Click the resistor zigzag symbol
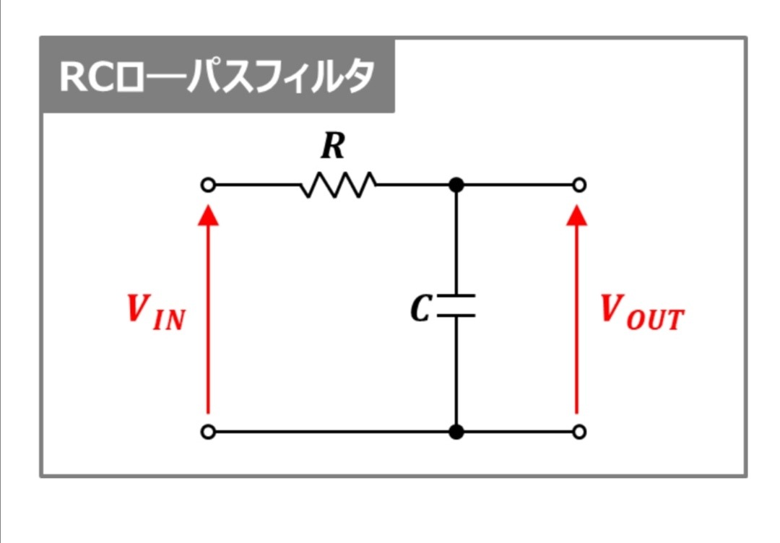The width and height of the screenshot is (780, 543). coord(338,184)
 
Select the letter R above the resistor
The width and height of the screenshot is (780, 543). coord(333,146)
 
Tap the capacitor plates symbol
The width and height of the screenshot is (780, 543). coord(456,305)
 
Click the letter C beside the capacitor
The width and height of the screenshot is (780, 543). coord(420,308)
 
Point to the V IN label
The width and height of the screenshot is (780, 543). coord(156,312)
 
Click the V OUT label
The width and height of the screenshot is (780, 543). coord(642,312)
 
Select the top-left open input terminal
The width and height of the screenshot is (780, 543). coord(208,185)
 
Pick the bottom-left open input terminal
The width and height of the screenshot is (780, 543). coord(208,432)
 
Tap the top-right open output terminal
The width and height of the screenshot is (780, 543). coord(579,185)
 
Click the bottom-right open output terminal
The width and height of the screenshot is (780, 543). coord(579,432)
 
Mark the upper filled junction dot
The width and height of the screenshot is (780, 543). coord(456,185)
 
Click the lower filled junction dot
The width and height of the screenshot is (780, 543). coord(456,432)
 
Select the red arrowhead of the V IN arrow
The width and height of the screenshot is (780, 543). coord(208,216)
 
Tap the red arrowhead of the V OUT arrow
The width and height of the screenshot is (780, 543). coord(577,216)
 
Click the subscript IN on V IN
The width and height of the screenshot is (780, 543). coord(169,319)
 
